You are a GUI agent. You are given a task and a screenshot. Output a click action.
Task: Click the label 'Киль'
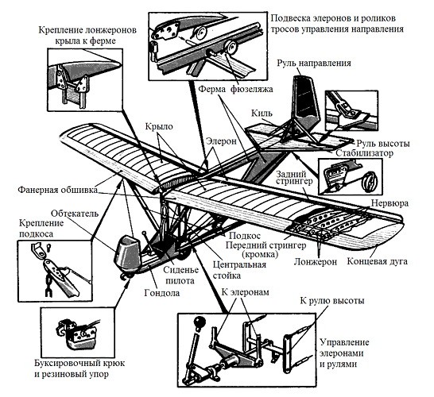262,113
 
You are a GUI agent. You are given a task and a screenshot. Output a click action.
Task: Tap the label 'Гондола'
162,293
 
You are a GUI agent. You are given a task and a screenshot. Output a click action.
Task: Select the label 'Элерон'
222,141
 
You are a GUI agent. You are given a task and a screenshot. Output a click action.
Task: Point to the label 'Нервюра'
389,203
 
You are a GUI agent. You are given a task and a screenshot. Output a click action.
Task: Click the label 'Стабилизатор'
364,153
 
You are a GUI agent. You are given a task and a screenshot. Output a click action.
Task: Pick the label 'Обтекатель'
75,214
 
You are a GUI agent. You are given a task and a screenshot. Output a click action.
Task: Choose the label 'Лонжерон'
316,262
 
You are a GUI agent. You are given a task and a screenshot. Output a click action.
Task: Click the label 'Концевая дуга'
378,261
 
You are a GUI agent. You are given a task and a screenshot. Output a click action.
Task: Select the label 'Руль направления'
314,63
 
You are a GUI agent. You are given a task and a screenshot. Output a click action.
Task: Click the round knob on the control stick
200,322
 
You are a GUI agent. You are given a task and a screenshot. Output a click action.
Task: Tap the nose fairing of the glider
127,254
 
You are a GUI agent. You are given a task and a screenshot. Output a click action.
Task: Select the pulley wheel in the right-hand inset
370,181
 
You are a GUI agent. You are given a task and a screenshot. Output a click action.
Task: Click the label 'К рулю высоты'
332,301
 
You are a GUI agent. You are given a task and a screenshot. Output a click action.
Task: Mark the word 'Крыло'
159,127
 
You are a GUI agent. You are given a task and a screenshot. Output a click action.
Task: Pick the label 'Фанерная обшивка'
58,190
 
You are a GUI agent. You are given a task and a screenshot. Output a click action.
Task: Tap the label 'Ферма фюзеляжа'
236,89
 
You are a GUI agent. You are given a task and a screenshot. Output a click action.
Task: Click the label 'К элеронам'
246,292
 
